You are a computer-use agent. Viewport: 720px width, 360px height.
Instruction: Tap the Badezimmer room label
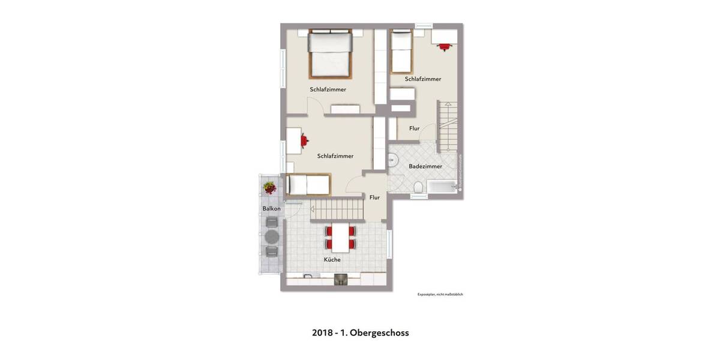click(425, 166)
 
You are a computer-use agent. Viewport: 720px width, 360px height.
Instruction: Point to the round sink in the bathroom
click(392, 160)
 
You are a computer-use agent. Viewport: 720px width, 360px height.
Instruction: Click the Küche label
click(332, 260)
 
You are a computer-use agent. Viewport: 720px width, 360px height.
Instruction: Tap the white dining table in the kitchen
click(340, 237)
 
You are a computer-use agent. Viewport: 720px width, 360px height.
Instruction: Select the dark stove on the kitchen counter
click(340, 279)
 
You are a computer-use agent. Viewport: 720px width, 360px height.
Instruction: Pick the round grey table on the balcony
click(271, 236)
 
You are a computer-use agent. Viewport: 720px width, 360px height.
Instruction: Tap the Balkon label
click(271, 208)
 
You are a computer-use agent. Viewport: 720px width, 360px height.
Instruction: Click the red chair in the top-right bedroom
click(444, 46)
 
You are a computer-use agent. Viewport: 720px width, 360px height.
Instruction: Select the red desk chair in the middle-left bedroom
click(305, 140)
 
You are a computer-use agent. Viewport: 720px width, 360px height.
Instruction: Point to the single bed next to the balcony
click(308, 185)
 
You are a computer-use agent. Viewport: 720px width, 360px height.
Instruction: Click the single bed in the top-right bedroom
click(401, 52)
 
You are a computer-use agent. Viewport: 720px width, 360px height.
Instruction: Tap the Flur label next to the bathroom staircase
click(414, 128)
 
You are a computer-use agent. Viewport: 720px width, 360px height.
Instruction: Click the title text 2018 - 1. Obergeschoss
click(360, 332)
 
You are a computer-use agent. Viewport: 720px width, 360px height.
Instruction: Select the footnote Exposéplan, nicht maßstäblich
click(440, 295)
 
